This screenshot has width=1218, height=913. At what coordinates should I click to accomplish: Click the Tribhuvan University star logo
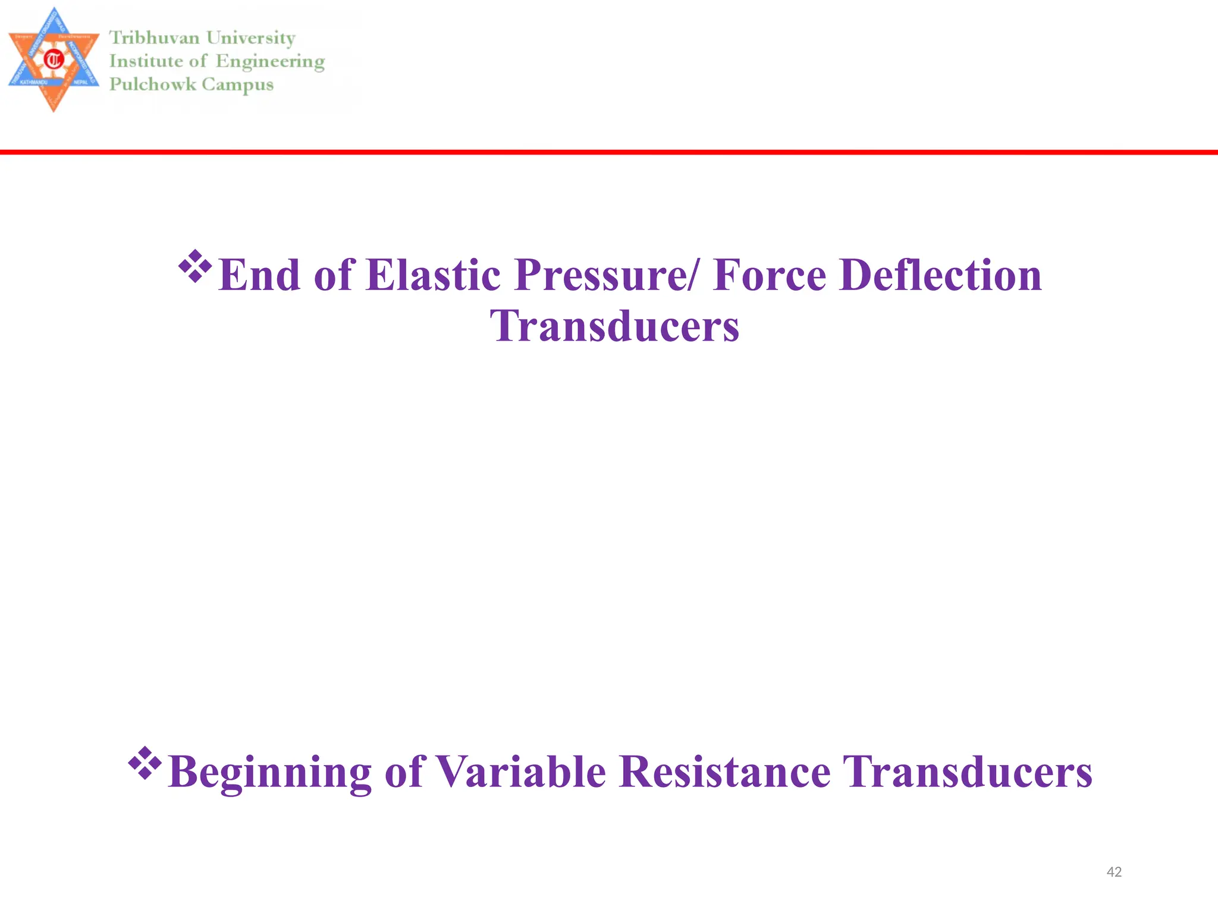coord(54,59)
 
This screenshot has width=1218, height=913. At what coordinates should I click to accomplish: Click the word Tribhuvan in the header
coord(154,38)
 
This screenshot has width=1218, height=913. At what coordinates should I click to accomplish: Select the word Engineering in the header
coord(270,61)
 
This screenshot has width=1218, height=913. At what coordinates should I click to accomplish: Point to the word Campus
coord(237,85)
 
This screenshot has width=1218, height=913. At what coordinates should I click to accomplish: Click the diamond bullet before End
coord(195,267)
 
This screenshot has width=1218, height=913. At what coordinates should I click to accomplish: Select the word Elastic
coord(433,275)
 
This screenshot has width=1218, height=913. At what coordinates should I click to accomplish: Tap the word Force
coord(769,275)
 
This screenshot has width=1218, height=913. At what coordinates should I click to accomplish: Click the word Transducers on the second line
coord(614,326)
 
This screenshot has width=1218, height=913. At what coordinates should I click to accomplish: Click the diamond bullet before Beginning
coord(145,764)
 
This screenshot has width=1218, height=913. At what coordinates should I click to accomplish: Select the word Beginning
coord(270,772)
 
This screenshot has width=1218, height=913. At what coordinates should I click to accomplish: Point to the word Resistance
coord(724,772)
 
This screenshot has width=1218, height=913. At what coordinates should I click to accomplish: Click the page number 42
coord(1114,872)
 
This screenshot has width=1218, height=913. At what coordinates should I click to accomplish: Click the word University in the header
coord(250,38)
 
